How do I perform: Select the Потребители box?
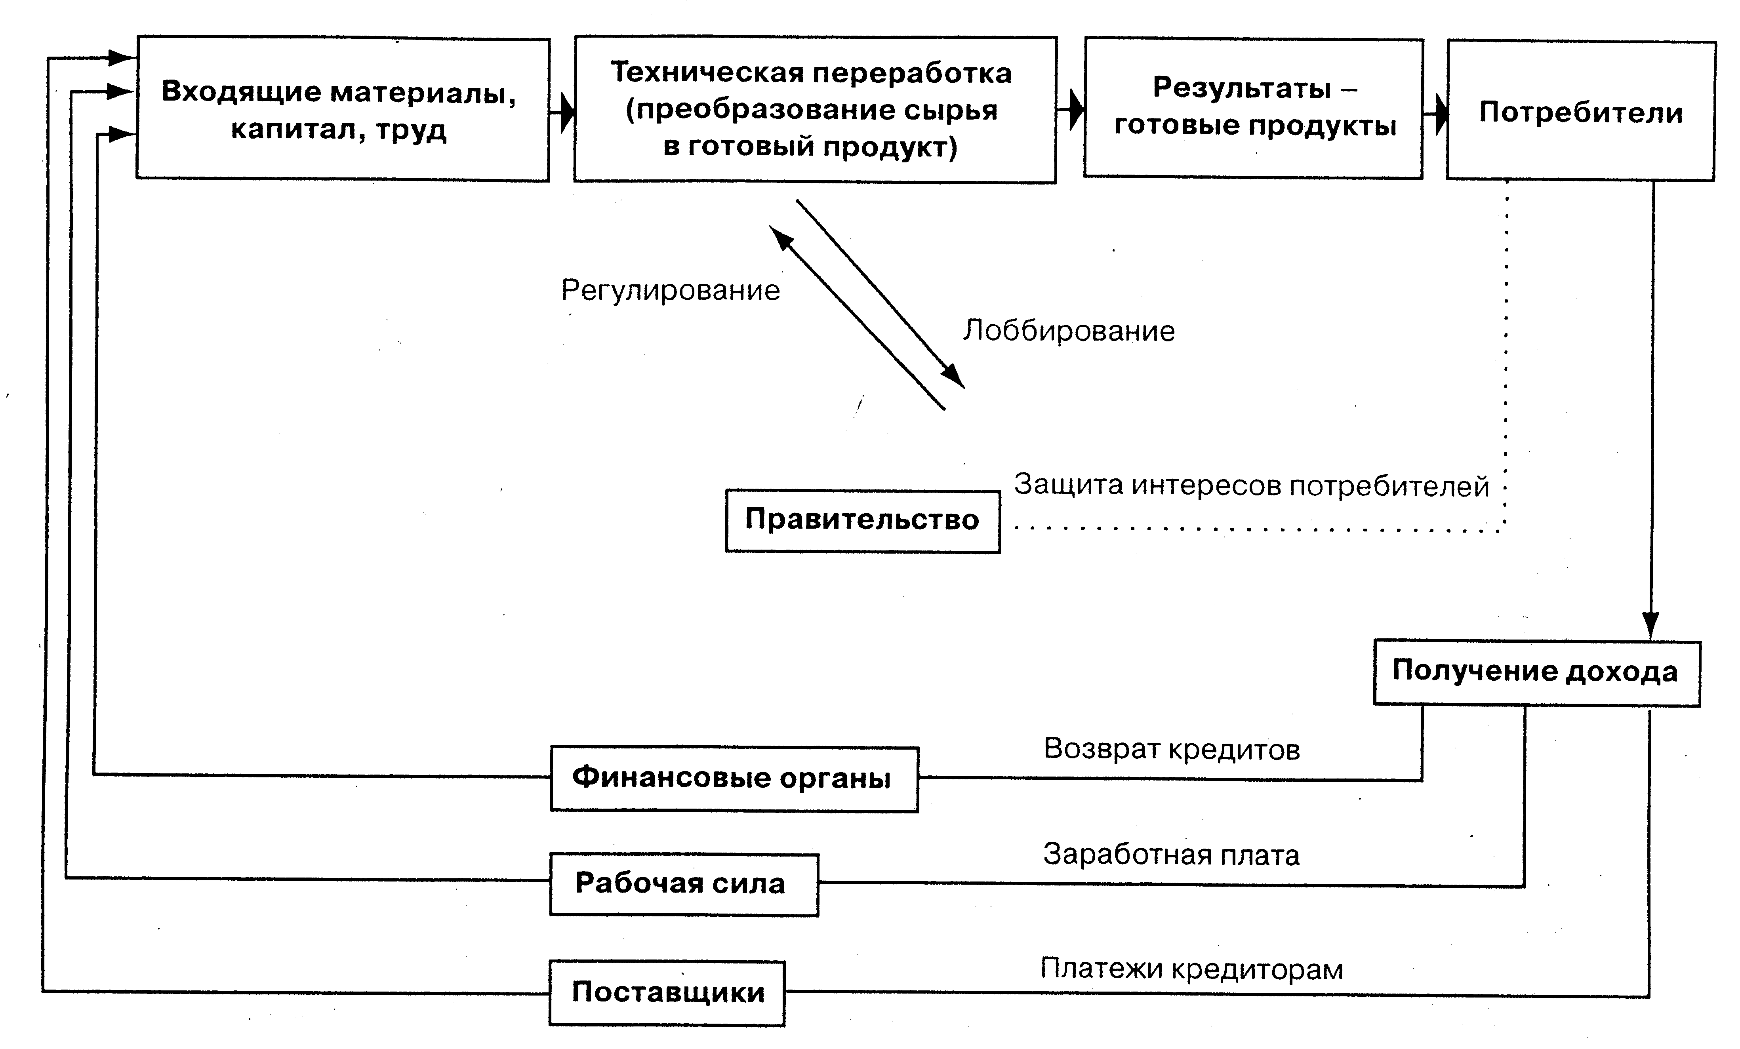point(1580,112)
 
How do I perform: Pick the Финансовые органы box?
point(734,778)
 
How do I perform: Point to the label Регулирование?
point(670,291)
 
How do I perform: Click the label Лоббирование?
point(1068,331)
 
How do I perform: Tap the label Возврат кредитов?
point(1172,749)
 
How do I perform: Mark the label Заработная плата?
point(1171,855)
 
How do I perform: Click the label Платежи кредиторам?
point(1191,969)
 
